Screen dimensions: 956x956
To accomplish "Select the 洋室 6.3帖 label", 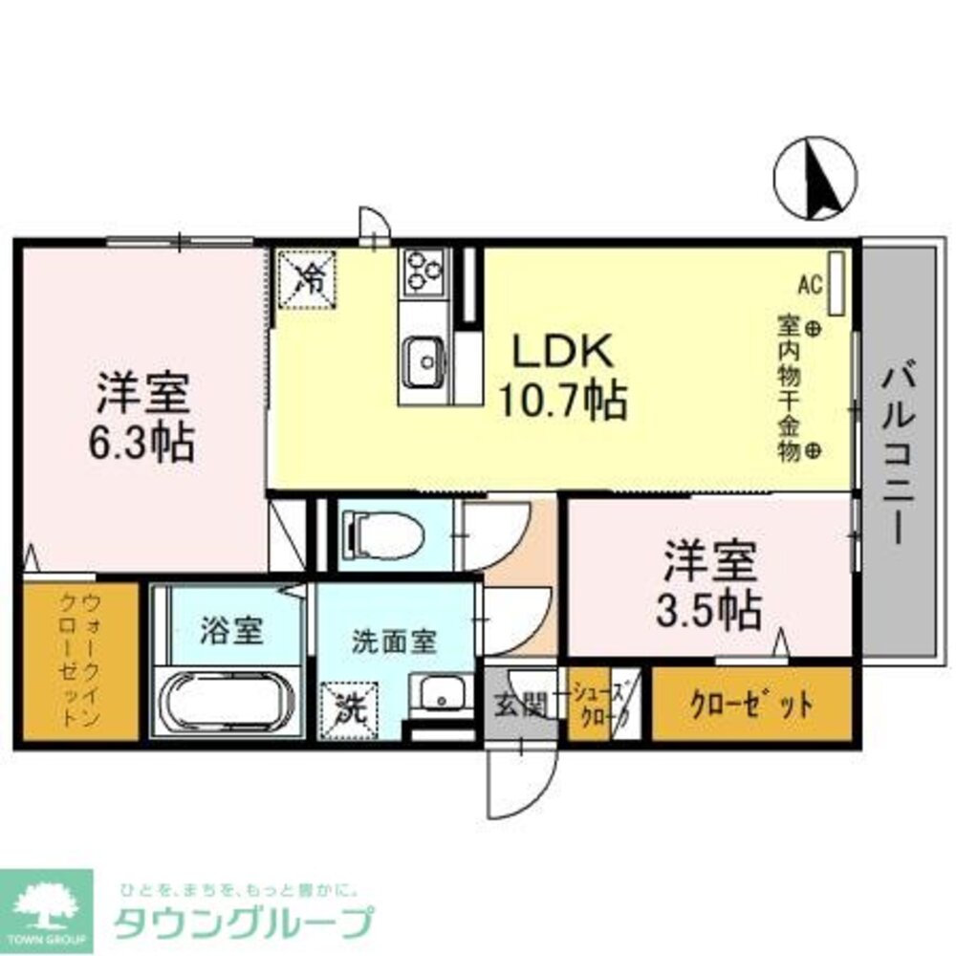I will click(144, 417).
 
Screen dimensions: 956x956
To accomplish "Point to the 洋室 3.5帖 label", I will click(708, 584).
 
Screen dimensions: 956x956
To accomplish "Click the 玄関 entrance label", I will click(520, 706).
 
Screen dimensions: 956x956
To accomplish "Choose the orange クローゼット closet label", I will click(752, 706).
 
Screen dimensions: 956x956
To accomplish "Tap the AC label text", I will click(810, 284).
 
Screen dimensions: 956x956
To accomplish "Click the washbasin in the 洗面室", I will click(441, 696).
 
